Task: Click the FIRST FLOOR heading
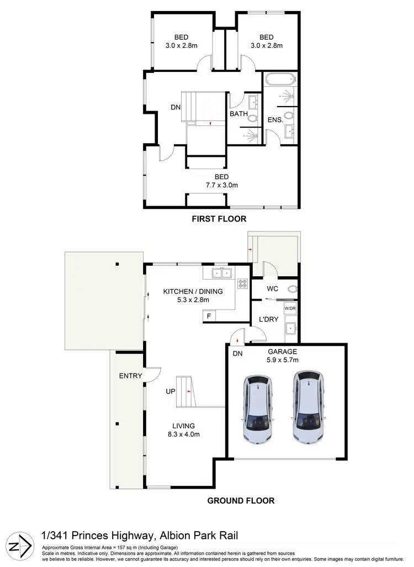pos(219,219)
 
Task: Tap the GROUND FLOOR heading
pos(241,501)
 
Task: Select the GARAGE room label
pos(282,351)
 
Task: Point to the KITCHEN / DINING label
pos(185,291)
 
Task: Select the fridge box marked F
pos(209,316)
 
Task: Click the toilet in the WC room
pos(293,289)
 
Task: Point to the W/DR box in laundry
pos(290,308)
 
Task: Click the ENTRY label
pos(130,376)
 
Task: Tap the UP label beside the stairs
pos(171,391)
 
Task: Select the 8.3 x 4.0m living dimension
pos(184,434)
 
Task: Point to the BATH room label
pos(238,114)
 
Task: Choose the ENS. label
pos(275,119)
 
